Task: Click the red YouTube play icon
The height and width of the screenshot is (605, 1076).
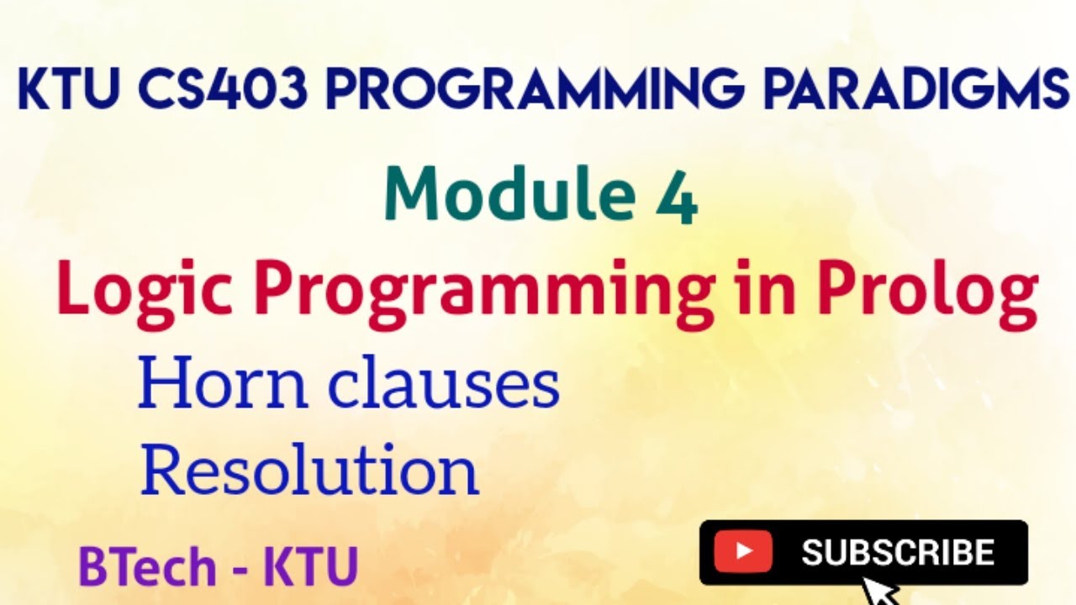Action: click(743, 552)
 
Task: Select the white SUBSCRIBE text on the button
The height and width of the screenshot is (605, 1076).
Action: click(898, 552)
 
